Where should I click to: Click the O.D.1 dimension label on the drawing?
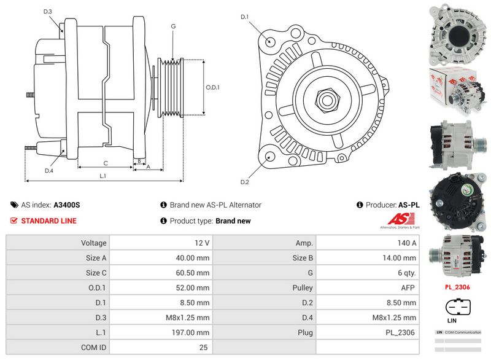212,87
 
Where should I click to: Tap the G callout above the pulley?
174,26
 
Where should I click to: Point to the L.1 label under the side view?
102,176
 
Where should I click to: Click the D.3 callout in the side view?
48,12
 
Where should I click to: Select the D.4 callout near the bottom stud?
49,171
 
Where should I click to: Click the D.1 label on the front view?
244,17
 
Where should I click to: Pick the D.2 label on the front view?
244,182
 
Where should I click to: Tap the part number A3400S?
67,205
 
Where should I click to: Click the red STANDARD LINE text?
49,221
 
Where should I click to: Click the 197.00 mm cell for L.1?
192,332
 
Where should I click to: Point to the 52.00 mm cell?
193,288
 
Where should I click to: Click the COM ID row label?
93,347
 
